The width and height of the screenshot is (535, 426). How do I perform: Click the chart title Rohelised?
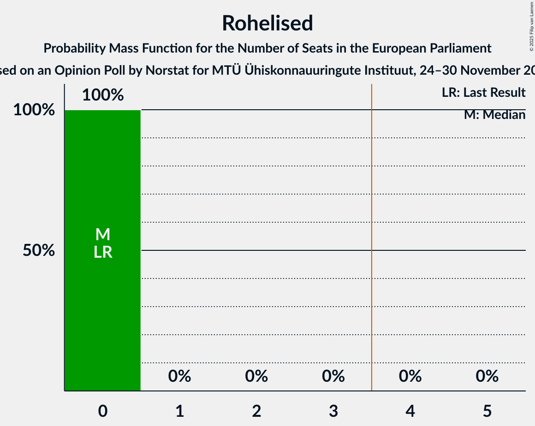[x=267, y=23]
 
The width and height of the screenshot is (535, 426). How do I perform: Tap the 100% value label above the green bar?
[x=103, y=95]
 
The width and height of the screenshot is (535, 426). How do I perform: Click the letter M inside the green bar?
[x=103, y=235]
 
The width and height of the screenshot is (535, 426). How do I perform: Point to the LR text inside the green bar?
[x=103, y=252]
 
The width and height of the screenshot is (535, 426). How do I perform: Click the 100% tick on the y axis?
[x=34, y=110]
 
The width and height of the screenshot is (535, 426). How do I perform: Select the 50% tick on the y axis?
[x=39, y=250]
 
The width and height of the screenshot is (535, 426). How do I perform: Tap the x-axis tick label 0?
[x=103, y=410]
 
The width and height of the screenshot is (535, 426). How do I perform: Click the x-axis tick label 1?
[x=179, y=410]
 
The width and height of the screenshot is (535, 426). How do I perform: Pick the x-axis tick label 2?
[x=256, y=410]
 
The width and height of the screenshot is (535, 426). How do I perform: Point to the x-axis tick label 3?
[x=333, y=410]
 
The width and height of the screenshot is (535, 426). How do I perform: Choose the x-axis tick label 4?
[x=410, y=410]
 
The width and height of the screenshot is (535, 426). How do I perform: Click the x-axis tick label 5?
[x=487, y=410]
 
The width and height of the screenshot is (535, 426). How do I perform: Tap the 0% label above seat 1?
[x=179, y=376]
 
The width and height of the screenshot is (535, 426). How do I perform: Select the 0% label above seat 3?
[x=333, y=376]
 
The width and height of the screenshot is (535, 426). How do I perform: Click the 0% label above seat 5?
[x=487, y=376]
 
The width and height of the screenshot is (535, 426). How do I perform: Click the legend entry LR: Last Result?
[x=483, y=93]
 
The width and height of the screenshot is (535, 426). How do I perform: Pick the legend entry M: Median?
[x=494, y=115]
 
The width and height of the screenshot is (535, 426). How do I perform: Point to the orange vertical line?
[x=372, y=231]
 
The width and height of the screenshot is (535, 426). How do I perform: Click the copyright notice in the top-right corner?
[x=531, y=26]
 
